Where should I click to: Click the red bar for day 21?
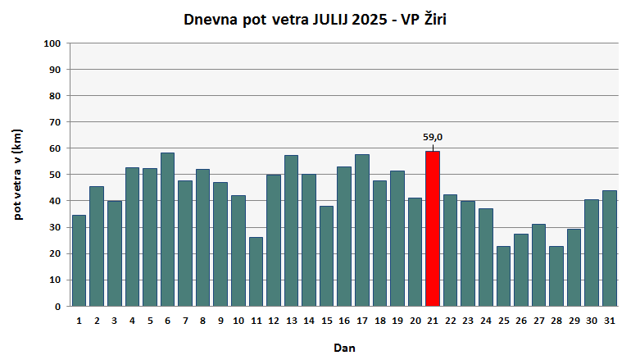tap(433, 229)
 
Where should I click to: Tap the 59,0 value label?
tap(433, 137)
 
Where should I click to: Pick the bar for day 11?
tap(256, 271)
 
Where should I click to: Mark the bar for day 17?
tap(361, 230)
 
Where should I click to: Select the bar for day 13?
tap(291, 230)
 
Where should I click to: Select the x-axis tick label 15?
tap(326, 321)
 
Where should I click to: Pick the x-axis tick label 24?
tap(485, 321)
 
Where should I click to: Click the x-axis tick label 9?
tap(220, 321)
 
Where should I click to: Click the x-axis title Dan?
tap(344, 348)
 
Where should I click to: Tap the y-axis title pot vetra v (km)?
tap(17, 174)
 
